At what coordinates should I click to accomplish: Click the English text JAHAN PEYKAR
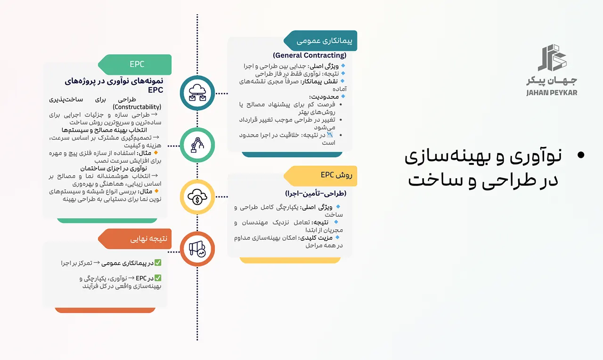tap(552, 93)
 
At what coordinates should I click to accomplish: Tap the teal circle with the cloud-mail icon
tap(197, 93)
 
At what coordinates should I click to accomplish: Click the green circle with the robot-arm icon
tap(197, 146)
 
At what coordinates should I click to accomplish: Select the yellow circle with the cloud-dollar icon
tap(197, 197)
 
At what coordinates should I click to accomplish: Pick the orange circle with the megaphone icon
tap(197, 250)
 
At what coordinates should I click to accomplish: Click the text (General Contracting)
tap(310, 56)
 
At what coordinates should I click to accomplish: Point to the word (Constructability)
tap(137, 107)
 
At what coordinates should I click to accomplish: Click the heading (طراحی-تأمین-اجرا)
tap(315, 194)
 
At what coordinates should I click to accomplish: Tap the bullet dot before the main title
tap(580, 155)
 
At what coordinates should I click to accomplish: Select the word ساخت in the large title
tap(429, 179)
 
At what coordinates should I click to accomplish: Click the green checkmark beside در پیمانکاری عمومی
tap(158, 263)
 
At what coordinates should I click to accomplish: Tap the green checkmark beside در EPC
tap(158, 278)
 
